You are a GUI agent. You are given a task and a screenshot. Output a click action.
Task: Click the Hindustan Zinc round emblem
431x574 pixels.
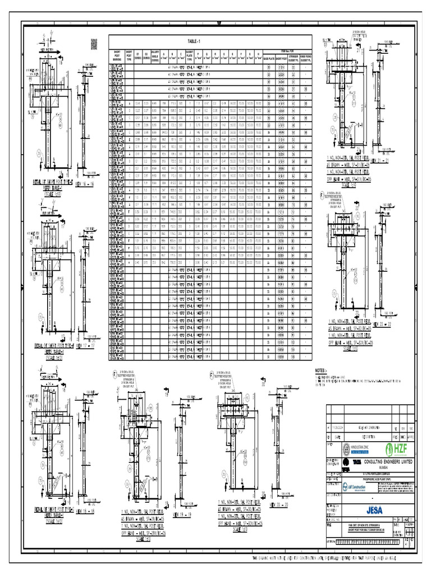pos(346,449)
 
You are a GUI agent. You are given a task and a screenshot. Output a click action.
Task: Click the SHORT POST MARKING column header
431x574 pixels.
pos(116,57)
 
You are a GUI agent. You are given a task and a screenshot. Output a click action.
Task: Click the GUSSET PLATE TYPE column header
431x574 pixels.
pos(190,57)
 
